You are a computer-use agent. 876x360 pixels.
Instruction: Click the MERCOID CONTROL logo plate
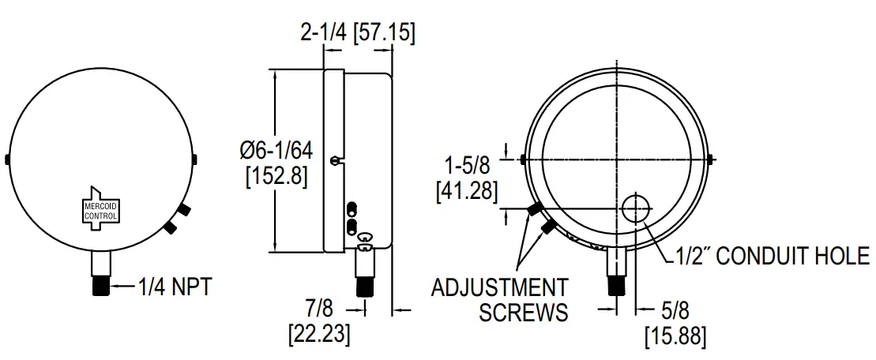pyautogui.click(x=101, y=210)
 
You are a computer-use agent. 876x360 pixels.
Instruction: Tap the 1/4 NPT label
pyautogui.click(x=175, y=287)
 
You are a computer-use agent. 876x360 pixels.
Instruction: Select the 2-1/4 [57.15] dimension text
pyautogui.click(x=358, y=33)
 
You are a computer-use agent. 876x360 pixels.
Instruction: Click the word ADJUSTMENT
pyautogui.click(x=499, y=287)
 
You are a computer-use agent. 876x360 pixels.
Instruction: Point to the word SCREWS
pyautogui.click(x=522, y=313)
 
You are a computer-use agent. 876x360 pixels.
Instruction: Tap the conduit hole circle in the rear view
pyautogui.click(x=635, y=208)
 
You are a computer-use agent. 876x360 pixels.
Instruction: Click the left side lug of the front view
pyautogui.click(x=6, y=159)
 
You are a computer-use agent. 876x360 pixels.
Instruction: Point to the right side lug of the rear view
pyautogui.click(x=713, y=160)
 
